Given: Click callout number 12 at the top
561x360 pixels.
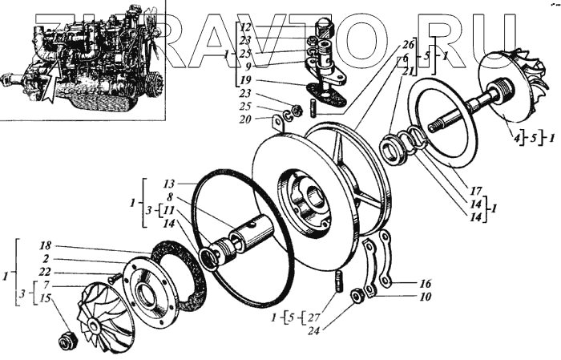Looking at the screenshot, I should point(246,26).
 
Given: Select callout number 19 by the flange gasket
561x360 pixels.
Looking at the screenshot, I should point(245,80).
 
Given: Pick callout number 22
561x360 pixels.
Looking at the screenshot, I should point(45,272).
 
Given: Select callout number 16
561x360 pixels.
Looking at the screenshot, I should point(425,283).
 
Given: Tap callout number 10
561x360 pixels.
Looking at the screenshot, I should point(425,296).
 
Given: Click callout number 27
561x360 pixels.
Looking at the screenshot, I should point(313,316).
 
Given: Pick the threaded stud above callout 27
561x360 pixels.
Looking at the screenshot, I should point(338,282).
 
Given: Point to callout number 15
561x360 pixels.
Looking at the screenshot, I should point(45,297).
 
